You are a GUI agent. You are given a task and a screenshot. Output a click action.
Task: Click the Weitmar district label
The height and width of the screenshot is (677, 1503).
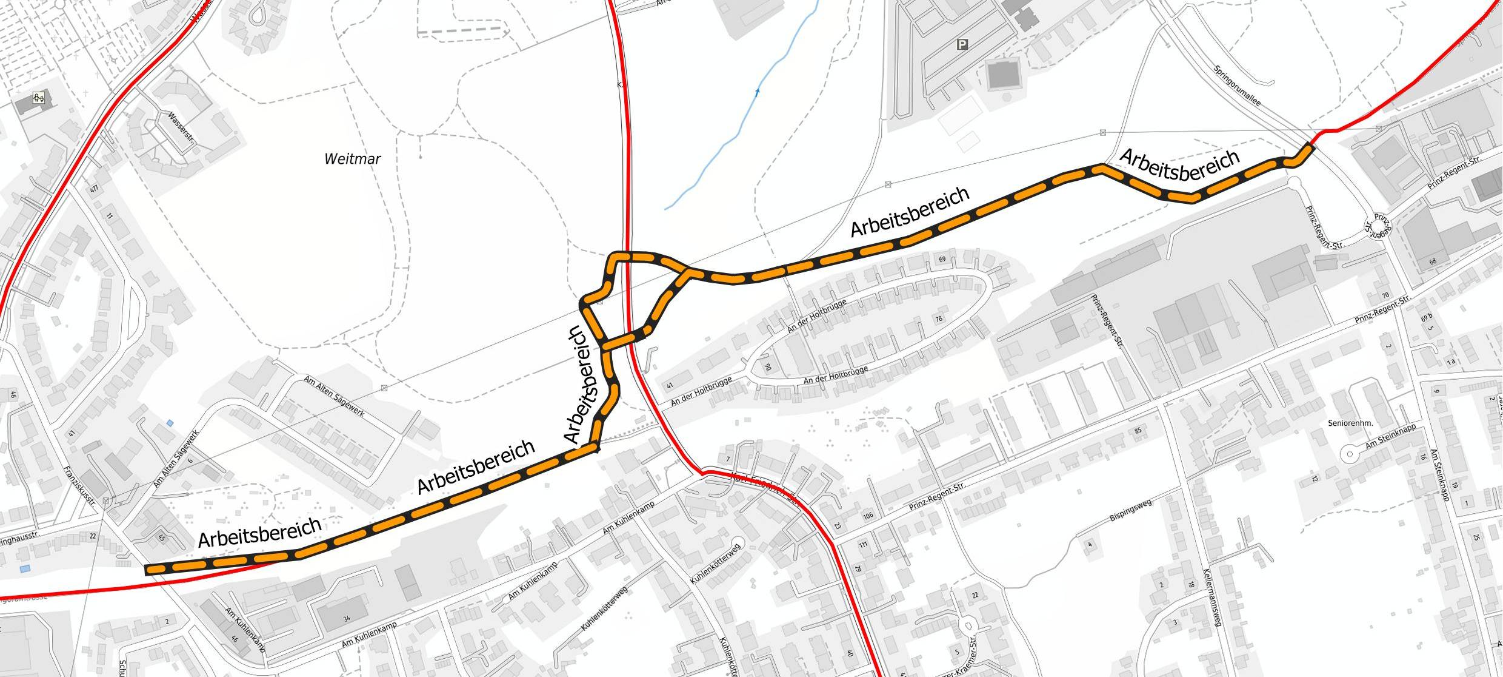tap(352, 159)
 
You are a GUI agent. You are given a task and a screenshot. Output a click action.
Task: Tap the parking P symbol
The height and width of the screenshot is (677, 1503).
tap(962, 44)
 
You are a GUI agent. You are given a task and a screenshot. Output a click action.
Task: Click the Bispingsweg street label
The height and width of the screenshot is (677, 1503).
tap(1130, 510)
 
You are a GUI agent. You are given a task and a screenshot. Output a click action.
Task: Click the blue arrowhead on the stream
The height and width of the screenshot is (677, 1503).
tap(757, 92)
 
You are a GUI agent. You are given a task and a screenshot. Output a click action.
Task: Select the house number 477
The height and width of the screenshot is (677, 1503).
tap(94, 190)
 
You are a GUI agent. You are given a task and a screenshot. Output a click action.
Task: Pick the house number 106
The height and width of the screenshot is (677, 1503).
tap(868, 516)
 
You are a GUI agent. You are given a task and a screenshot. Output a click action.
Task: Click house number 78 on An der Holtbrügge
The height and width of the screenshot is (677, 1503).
tap(940, 319)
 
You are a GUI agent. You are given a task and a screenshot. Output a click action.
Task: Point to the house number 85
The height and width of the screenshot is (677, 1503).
tap(1138, 431)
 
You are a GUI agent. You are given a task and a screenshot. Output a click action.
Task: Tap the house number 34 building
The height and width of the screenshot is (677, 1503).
tap(346, 619)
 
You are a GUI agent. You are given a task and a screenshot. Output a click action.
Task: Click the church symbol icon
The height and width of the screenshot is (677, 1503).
tap(38, 98)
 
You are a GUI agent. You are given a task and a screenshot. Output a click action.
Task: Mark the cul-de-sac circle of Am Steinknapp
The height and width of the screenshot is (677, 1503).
tap(1350, 454)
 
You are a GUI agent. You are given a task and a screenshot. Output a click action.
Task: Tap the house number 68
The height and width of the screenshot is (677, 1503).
tap(1433, 262)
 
